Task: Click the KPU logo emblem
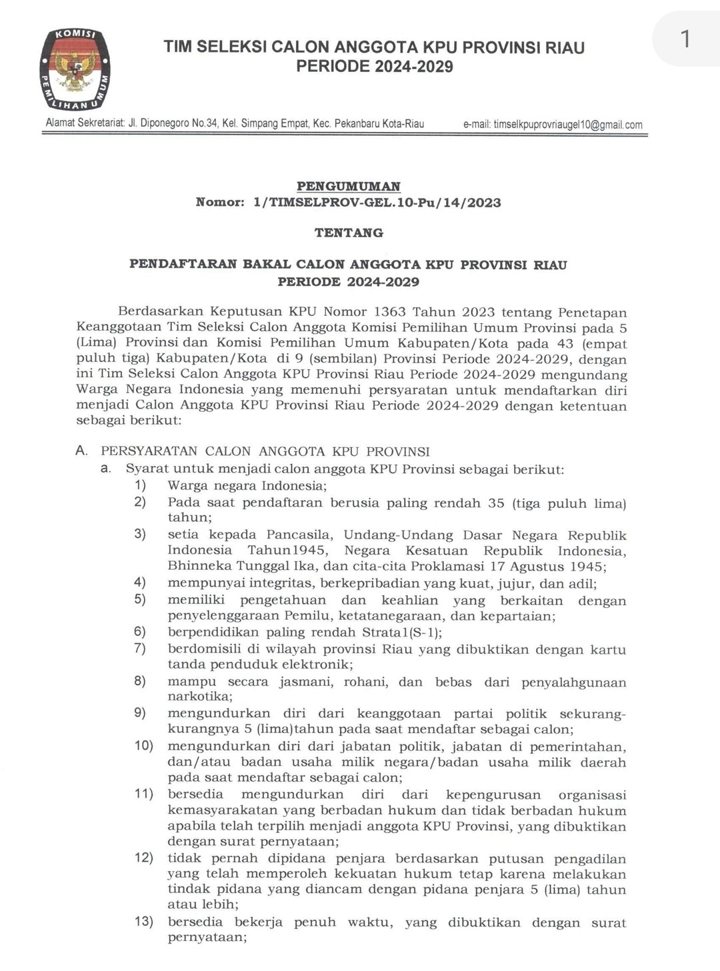point(75,69)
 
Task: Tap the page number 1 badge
point(685,39)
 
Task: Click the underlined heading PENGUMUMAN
point(348,186)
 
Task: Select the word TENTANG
point(349,233)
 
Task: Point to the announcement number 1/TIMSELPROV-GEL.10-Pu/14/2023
point(377,203)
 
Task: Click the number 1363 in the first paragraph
point(390,312)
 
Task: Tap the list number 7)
point(140,648)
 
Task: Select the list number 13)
point(144,922)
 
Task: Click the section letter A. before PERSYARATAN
point(81,451)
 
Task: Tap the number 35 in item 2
point(496,503)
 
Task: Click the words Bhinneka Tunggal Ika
point(243,566)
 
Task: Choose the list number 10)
point(144,745)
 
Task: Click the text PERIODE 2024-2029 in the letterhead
point(375,67)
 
